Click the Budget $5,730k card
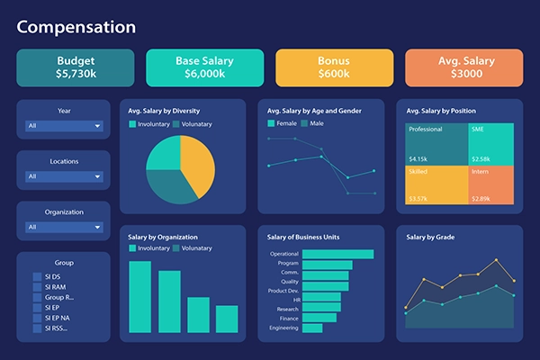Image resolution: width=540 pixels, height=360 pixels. (76, 67)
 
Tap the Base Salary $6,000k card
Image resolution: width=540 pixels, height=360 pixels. (205, 67)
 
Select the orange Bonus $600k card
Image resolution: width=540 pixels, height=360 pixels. (334, 67)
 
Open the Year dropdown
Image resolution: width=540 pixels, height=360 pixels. (64, 126)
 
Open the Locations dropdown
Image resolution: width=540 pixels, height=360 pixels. (64, 176)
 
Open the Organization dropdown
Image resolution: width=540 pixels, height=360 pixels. (64, 227)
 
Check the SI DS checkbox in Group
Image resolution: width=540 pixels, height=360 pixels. (37, 276)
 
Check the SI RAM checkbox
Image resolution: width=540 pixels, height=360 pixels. (37, 287)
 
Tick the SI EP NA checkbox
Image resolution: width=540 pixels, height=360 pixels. (37, 318)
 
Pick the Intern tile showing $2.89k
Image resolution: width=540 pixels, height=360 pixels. (491, 184)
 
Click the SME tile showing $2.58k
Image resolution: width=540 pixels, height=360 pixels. (491, 144)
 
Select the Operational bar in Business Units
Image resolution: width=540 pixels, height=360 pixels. (337, 254)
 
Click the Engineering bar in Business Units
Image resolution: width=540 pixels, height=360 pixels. (312, 328)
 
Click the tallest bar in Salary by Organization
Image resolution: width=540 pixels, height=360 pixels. (139, 297)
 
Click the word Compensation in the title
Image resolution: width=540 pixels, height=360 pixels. (76, 27)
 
